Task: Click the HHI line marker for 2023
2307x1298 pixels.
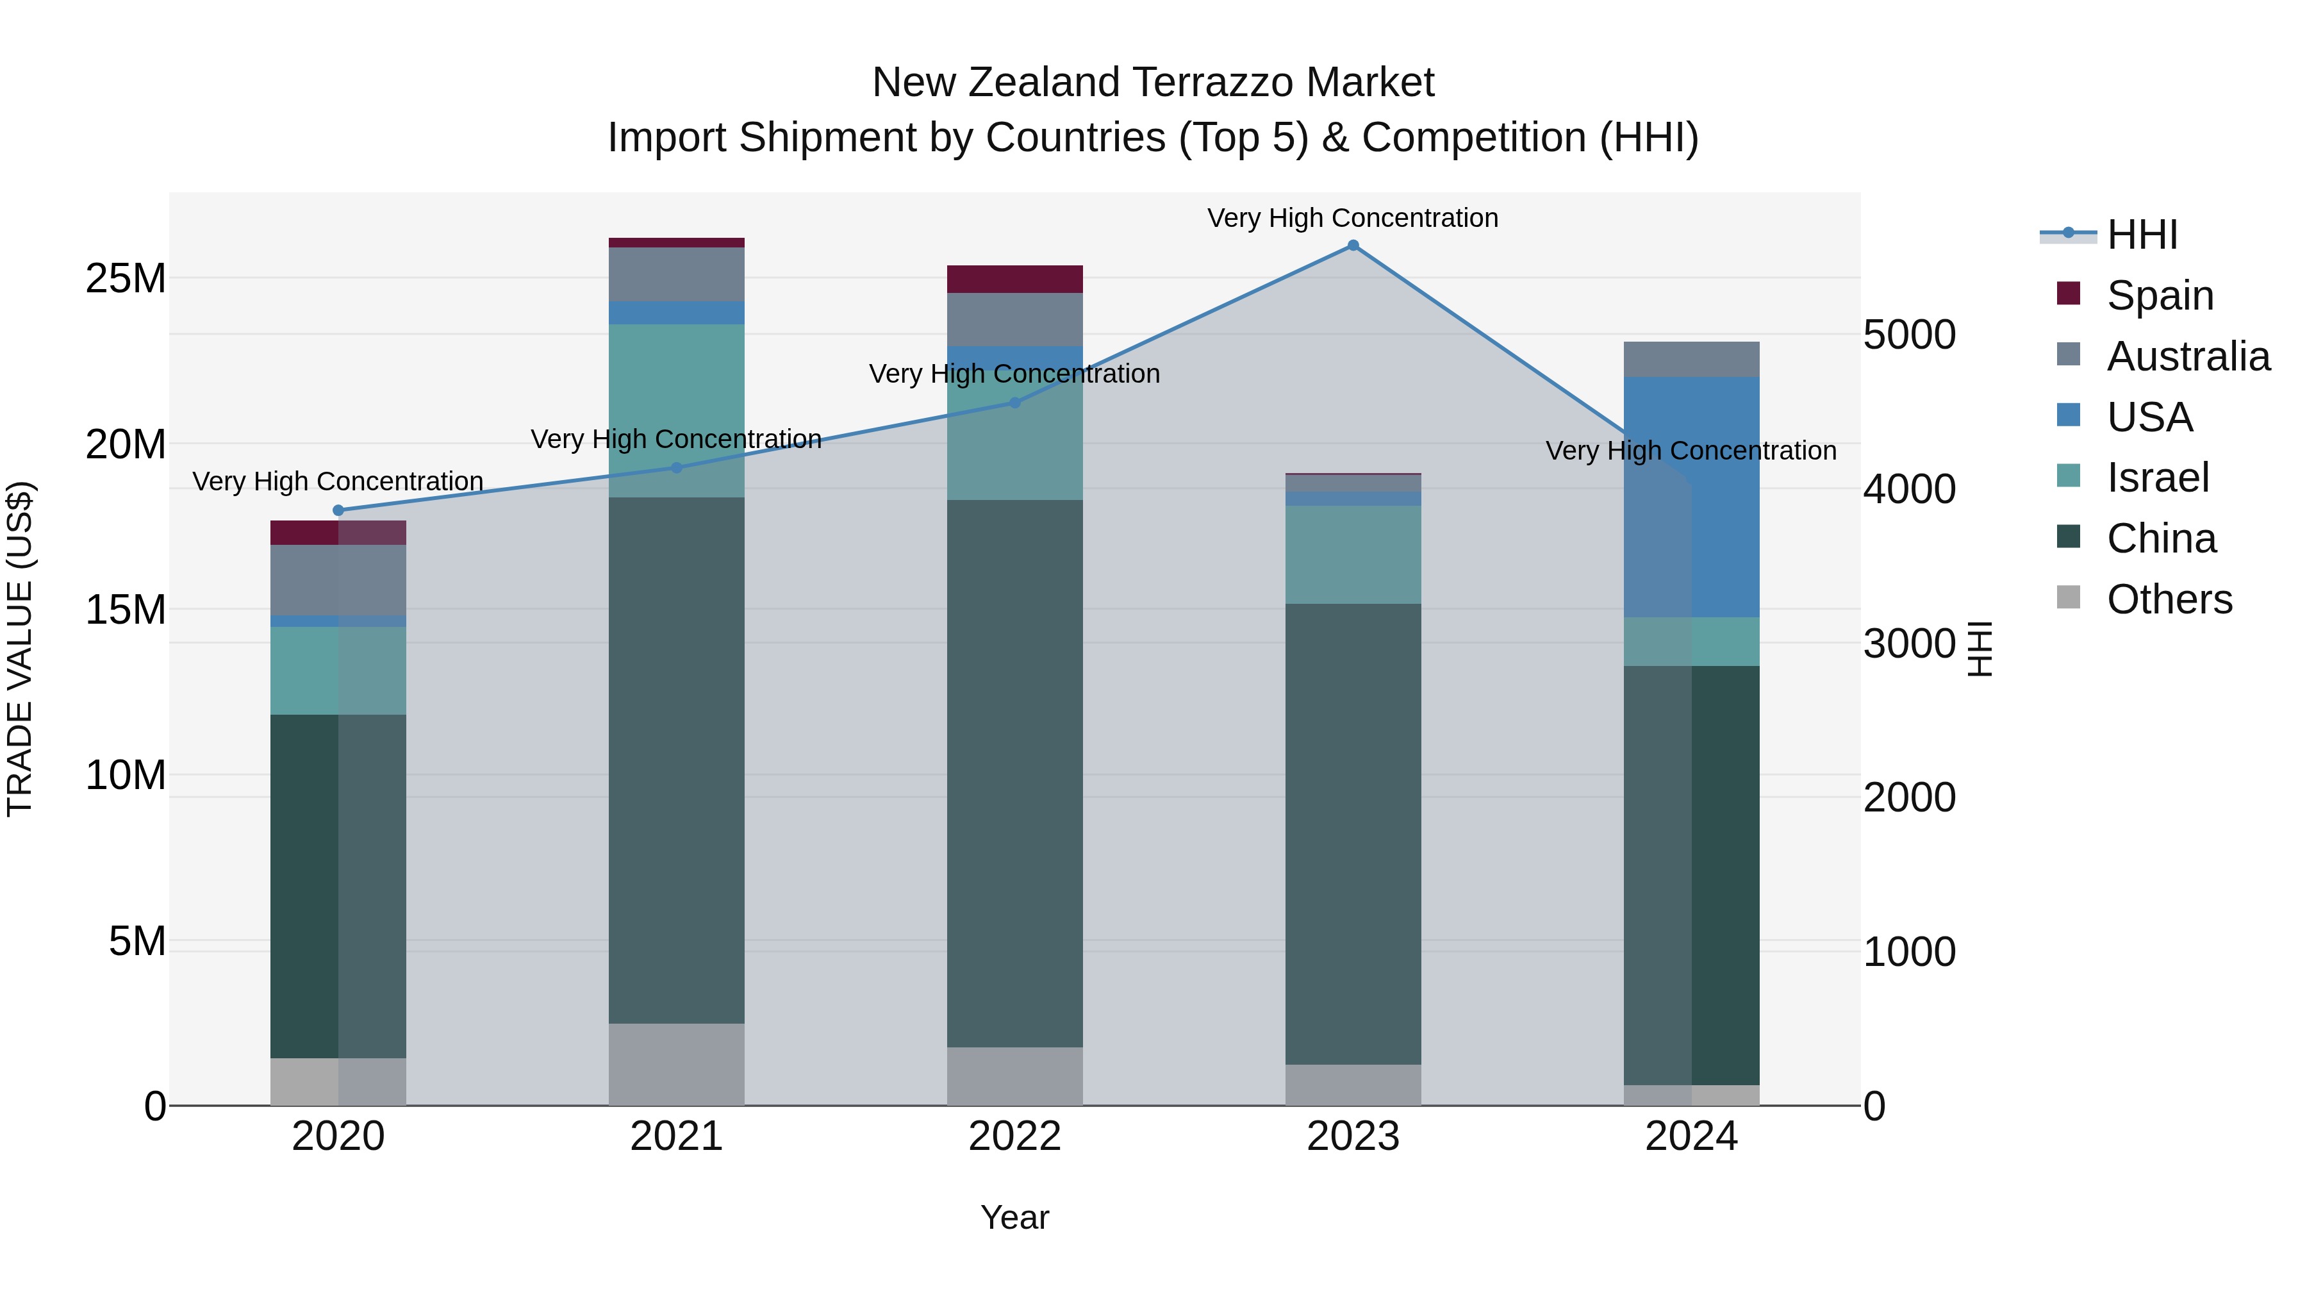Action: [x=1352, y=245]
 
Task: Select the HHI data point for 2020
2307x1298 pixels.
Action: [x=338, y=511]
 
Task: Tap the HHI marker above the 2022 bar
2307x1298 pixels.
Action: [x=1014, y=403]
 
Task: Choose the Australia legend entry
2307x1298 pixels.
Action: [x=2188, y=356]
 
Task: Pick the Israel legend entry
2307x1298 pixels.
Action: [x=2158, y=478]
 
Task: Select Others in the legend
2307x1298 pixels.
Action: [x=2169, y=599]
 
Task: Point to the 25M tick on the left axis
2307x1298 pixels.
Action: [x=126, y=279]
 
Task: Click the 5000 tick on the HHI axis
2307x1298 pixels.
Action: [x=1910, y=335]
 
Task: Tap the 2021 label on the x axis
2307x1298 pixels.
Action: [x=676, y=1136]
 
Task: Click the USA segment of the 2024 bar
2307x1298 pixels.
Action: [x=1691, y=497]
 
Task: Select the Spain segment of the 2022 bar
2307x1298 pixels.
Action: [x=1014, y=279]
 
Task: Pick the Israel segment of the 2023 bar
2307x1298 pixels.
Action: [x=1352, y=554]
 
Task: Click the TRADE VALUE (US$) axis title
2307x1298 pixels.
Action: [x=21, y=649]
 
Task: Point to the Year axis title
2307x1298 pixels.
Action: [x=1014, y=1217]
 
